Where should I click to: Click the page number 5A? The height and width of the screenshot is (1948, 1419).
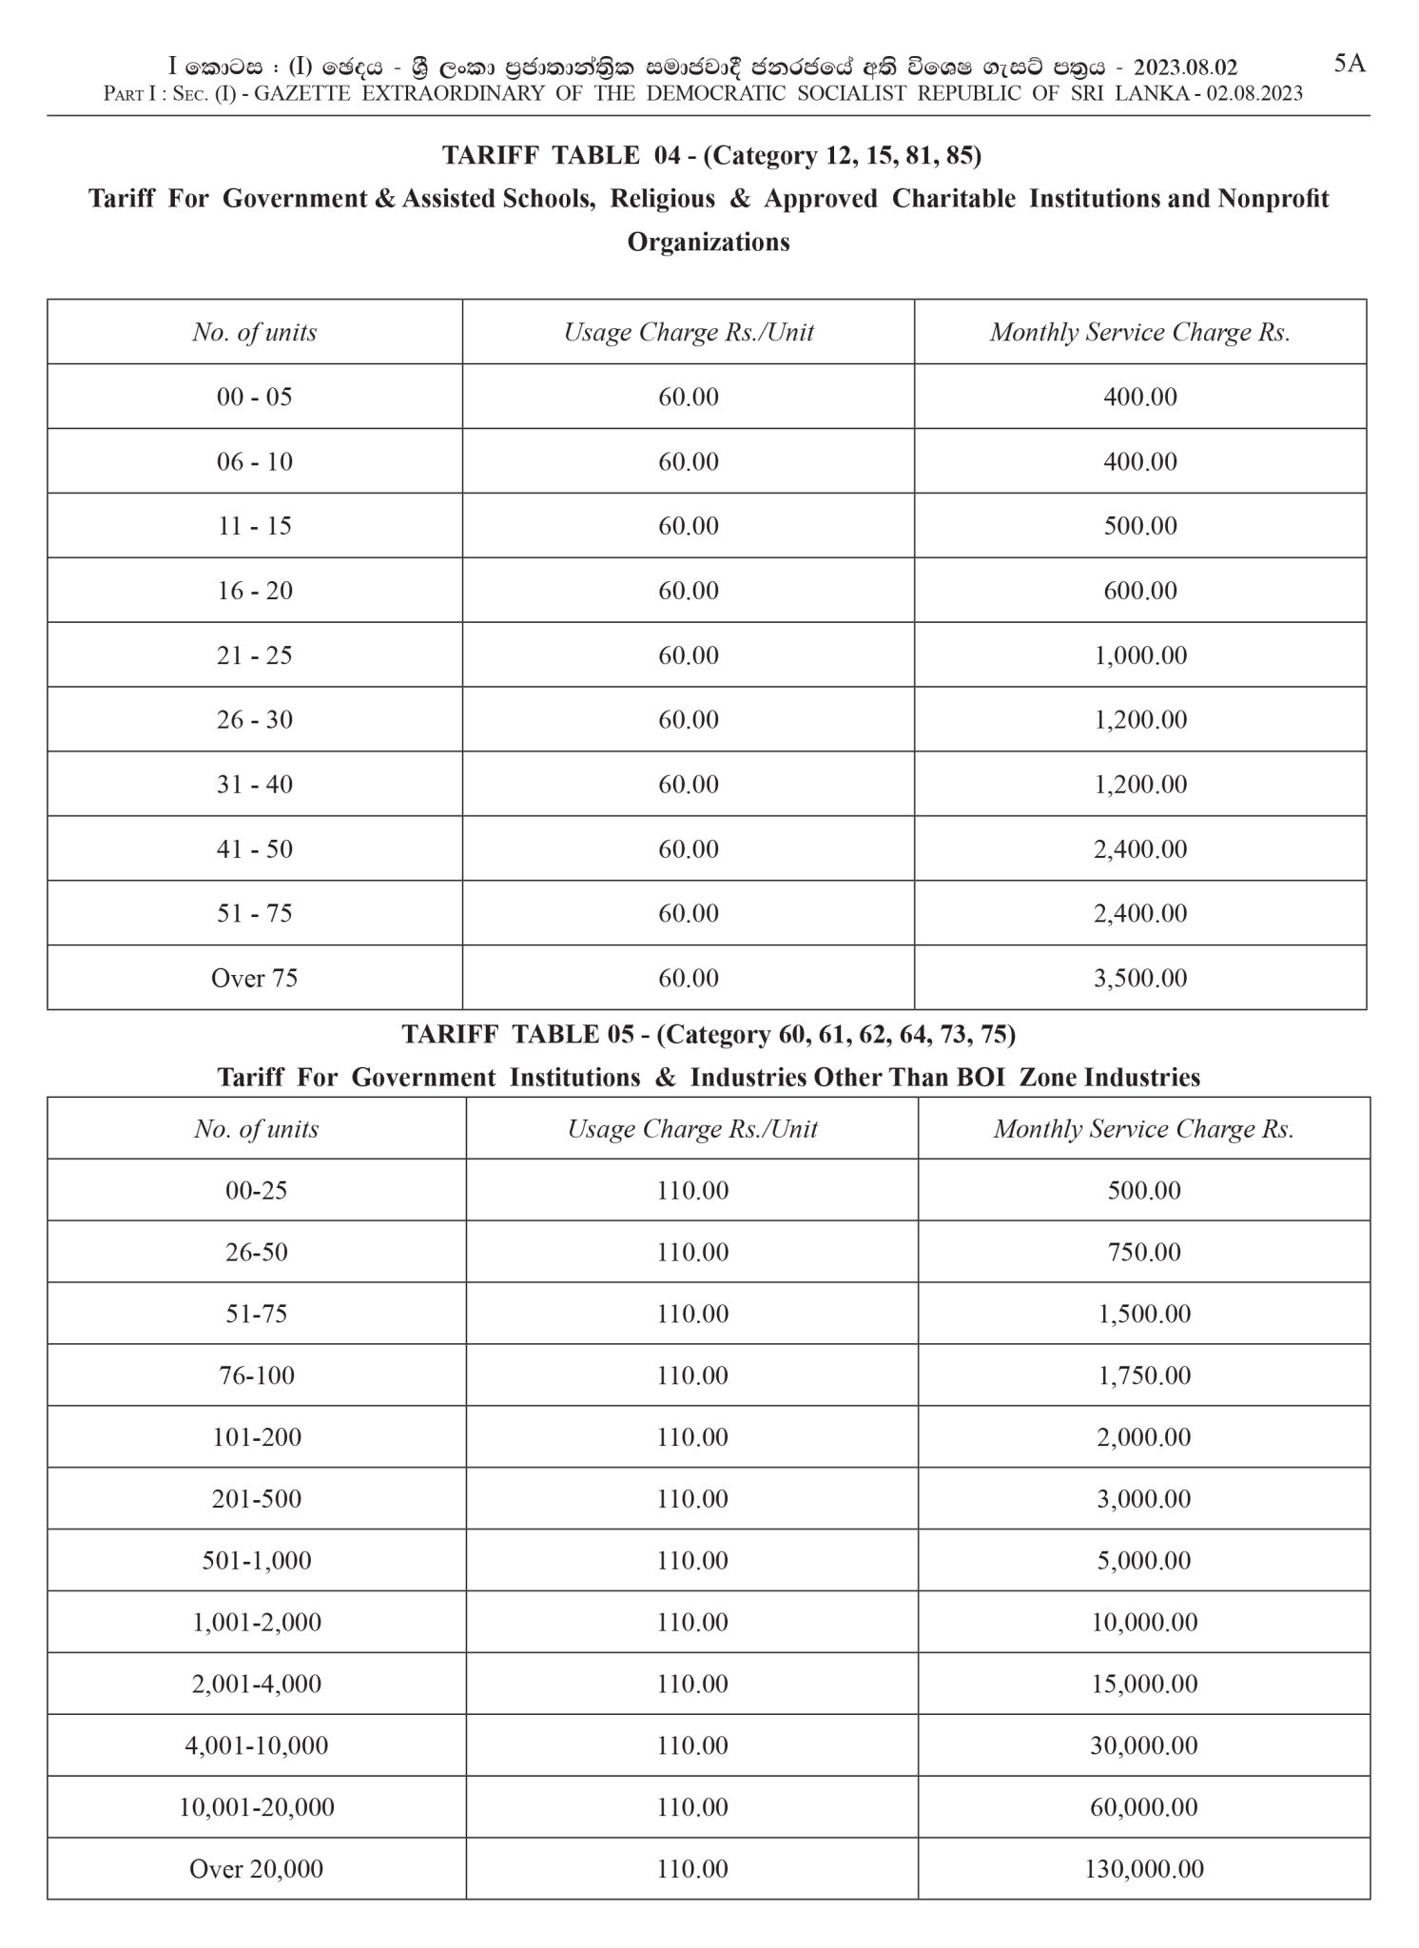[x=1350, y=64]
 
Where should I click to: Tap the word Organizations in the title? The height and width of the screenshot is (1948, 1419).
[x=709, y=242]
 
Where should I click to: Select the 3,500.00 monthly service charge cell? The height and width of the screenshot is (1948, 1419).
[x=1140, y=978]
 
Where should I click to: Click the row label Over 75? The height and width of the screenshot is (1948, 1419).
[x=255, y=978]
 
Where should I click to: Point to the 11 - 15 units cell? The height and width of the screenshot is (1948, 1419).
[x=255, y=526]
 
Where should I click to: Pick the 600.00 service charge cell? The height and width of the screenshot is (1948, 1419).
[x=1140, y=591]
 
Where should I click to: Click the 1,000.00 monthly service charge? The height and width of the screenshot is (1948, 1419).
[x=1140, y=655]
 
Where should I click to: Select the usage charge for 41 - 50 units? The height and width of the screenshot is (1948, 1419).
[x=689, y=848]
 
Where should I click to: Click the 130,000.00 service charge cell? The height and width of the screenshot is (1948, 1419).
[x=1144, y=1868]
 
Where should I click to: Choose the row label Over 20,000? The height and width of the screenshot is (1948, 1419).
[x=257, y=1868]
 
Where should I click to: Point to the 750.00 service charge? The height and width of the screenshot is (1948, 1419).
[x=1144, y=1252]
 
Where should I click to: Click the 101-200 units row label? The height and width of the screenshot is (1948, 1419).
[x=257, y=1436]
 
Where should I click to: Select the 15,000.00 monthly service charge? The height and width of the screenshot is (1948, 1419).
[x=1144, y=1684]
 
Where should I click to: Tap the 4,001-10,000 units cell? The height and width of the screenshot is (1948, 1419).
[x=257, y=1745]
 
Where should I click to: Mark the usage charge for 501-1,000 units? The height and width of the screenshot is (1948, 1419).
[x=692, y=1560]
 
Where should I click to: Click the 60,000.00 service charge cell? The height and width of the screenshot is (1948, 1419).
[x=1144, y=1806]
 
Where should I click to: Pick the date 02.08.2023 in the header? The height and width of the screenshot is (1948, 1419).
[x=1254, y=93]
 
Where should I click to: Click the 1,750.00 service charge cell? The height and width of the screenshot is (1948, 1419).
[x=1144, y=1375]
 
